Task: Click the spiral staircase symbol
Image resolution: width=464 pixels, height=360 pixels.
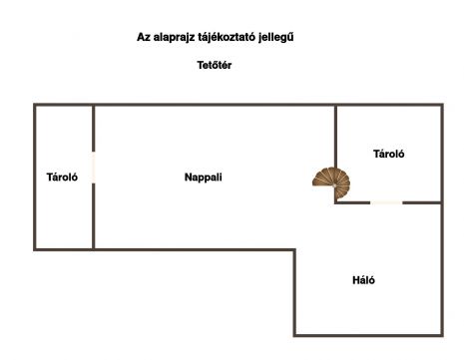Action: [331, 183]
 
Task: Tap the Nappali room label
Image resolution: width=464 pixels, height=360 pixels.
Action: [204, 178]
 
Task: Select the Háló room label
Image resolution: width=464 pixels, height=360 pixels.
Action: [363, 280]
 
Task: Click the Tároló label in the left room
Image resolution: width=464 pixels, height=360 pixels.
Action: [62, 177]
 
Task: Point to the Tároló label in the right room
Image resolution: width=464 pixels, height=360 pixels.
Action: [389, 154]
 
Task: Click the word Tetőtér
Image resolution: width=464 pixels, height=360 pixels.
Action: [215, 65]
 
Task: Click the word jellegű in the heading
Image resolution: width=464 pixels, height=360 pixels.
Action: [276, 37]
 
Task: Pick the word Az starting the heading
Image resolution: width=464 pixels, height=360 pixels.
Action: [144, 37]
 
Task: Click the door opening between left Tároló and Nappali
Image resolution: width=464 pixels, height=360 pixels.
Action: [94, 168]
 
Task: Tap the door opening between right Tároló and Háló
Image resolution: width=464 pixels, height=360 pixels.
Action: [386, 202]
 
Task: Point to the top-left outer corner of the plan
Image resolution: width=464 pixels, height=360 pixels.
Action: [35, 105]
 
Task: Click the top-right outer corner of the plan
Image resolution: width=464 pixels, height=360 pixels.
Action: [442, 105]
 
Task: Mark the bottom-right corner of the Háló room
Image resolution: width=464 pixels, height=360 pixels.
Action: [442, 335]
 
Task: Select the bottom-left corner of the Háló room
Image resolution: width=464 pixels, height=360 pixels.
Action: [294, 335]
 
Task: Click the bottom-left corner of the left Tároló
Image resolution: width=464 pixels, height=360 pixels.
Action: [35, 249]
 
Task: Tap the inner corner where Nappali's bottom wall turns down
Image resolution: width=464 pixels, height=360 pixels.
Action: [294, 249]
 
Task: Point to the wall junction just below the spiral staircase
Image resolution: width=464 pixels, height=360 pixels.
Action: [335, 202]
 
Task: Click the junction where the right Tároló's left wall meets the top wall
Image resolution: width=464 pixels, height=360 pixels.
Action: [335, 105]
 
